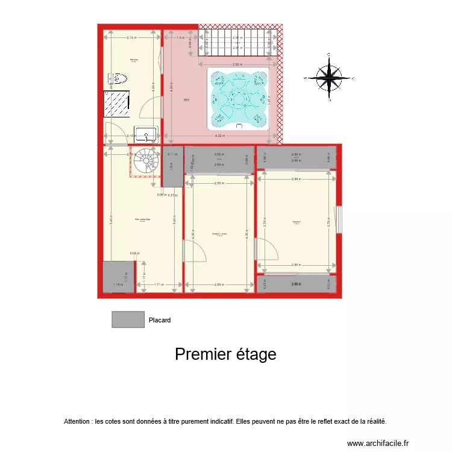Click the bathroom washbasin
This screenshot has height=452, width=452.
click(146, 133)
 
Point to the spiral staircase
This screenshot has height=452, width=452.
click(145, 162)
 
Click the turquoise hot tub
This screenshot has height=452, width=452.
click(237, 98)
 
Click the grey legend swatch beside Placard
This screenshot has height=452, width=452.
click(128, 319)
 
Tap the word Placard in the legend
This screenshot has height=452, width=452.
click(160, 321)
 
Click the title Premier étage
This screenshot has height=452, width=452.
click(225, 354)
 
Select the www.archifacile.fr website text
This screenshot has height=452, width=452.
click(378, 442)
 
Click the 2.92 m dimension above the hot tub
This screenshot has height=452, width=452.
click(237, 64)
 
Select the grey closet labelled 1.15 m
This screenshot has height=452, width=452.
click(118, 277)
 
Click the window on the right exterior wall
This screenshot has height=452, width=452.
click(339, 219)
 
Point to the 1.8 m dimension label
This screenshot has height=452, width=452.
click(180, 37)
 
